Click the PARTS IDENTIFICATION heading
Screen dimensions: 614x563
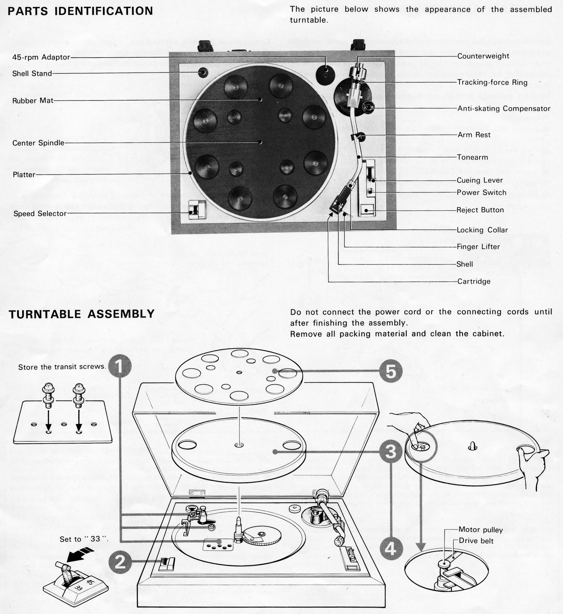(x=80, y=11)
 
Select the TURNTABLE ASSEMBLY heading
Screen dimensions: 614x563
(x=81, y=314)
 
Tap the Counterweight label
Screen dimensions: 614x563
(x=483, y=56)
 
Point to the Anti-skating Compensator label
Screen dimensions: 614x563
(x=504, y=109)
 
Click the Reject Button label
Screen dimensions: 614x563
(x=480, y=210)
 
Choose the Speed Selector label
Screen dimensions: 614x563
(x=40, y=214)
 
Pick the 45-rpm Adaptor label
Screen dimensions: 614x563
(x=41, y=57)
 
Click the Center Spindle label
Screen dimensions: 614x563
(x=38, y=143)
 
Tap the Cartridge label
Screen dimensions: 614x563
(x=474, y=281)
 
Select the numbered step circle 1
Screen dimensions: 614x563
(x=120, y=366)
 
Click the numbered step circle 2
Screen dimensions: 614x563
(x=120, y=562)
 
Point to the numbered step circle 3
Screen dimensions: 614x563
(x=391, y=451)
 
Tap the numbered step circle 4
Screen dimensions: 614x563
(x=391, y=549)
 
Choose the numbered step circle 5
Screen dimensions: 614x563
(x=391, y=371)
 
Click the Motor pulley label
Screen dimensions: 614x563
(x=481, y=530)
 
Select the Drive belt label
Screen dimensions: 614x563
(x=476, y=541)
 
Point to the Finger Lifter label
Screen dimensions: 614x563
(x=478, y=247)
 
